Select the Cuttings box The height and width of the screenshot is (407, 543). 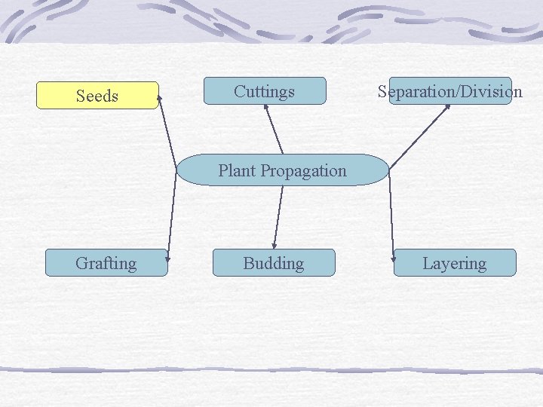264,91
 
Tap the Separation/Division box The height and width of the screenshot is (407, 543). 450,91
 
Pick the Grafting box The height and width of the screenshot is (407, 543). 106,263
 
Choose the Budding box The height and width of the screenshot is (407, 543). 273,263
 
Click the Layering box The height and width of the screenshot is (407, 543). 454,263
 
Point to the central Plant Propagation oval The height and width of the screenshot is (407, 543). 283,170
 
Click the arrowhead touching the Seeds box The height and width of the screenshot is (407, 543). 160,98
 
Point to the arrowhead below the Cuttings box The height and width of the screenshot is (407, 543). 265,108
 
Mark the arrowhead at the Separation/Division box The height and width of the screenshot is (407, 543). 447,107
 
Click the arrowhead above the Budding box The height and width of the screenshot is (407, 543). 275,245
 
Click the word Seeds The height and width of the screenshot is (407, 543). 97,96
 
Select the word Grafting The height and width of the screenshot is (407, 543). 106,263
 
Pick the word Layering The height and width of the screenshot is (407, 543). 454,263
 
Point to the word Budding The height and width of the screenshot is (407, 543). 273,263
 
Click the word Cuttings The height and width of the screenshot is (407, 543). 264,91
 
